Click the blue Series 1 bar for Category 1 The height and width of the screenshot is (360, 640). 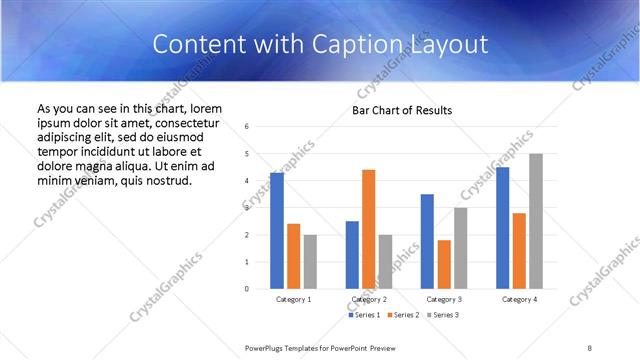(x=277, y=230)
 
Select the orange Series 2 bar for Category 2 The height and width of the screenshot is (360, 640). (x=369, y=229)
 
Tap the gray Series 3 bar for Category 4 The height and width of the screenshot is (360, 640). (x=536, y=221)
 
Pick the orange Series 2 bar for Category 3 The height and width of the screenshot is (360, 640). (x=444, y=264)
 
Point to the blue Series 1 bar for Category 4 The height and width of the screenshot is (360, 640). (x=502, y=228)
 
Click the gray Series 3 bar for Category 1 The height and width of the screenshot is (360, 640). (x=310, y=261)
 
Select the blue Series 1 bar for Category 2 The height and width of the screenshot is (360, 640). (x=352, y=254)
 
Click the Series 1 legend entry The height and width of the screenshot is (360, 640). (x=364, y=315)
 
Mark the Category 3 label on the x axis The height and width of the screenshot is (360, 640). (x=444, y=299)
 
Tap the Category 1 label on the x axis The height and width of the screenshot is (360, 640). (x=294, y=299)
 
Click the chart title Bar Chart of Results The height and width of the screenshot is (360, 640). (x=402, y=110)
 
